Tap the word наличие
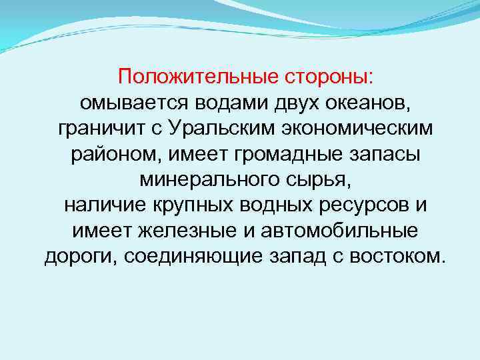[103, 206]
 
